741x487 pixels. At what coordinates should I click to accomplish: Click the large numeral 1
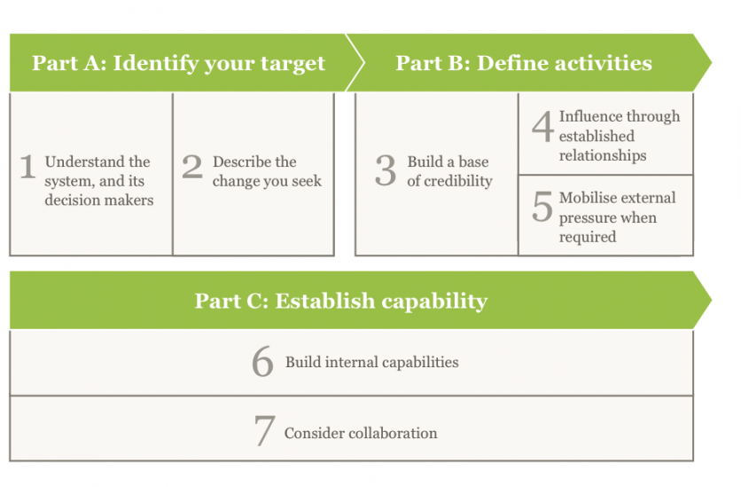27,167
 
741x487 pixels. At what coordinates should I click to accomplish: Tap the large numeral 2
192,167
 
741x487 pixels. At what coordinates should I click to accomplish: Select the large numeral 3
386,170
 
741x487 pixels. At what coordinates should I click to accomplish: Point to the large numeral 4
542,126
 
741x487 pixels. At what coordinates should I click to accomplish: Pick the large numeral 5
542,207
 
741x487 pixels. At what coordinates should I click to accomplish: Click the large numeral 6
262,361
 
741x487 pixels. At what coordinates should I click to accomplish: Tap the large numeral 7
265,430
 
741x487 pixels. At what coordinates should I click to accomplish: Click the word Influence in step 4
590,116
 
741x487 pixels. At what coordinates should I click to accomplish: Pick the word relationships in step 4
603,155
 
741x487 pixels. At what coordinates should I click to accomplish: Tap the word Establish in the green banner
325,301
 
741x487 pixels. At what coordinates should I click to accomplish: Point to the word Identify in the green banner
156,64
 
